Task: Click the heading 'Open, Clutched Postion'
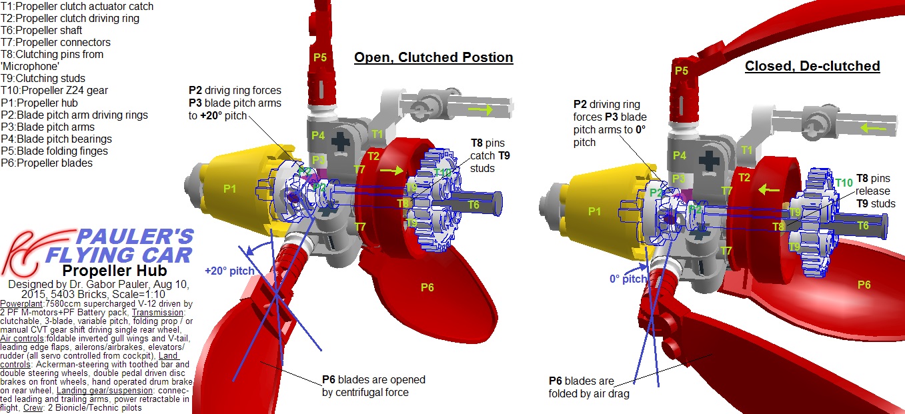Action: tap(433, 57)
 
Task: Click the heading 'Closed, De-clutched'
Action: tap(812, 66)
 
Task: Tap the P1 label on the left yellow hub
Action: tap(230, 189)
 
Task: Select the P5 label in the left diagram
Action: tap(320, 57)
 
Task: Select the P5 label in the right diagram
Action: tap(681, 71)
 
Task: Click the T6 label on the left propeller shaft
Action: tap(473, 205)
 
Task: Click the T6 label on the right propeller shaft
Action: tap(863, 226)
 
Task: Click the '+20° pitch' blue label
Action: tap(229, 271)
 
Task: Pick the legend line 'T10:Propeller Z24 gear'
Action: tap(54, 91)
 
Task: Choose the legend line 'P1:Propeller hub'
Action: tap(39, 103)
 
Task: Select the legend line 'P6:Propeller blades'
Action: tap(47, 163)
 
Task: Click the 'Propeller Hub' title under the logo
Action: tap(114, 271)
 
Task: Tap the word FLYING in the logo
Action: tap(87, 254)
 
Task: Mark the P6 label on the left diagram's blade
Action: tap(427, 287)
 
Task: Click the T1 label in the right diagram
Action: tap(747, 150)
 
